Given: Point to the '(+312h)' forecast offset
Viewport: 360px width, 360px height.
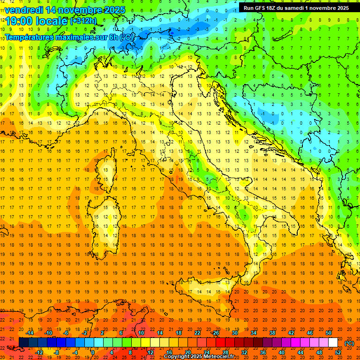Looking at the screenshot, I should (83, 21).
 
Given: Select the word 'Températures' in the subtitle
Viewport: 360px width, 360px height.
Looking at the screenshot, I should (29, 37).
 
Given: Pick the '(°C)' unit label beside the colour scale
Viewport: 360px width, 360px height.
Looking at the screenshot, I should (349, 343).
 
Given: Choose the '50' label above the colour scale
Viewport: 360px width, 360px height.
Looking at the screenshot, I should (328, 333).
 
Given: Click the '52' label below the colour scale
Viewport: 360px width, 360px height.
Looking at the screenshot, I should (338, 352).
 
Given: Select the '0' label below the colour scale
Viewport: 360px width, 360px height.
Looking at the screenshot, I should (92, 352).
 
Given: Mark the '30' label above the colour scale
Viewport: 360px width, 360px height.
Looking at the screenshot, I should (234, 333).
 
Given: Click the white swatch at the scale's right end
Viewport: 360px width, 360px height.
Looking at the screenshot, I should (333, 343).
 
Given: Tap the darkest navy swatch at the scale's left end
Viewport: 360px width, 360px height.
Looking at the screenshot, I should (23, 343).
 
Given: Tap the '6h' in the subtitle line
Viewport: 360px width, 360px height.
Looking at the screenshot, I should (113, 37).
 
